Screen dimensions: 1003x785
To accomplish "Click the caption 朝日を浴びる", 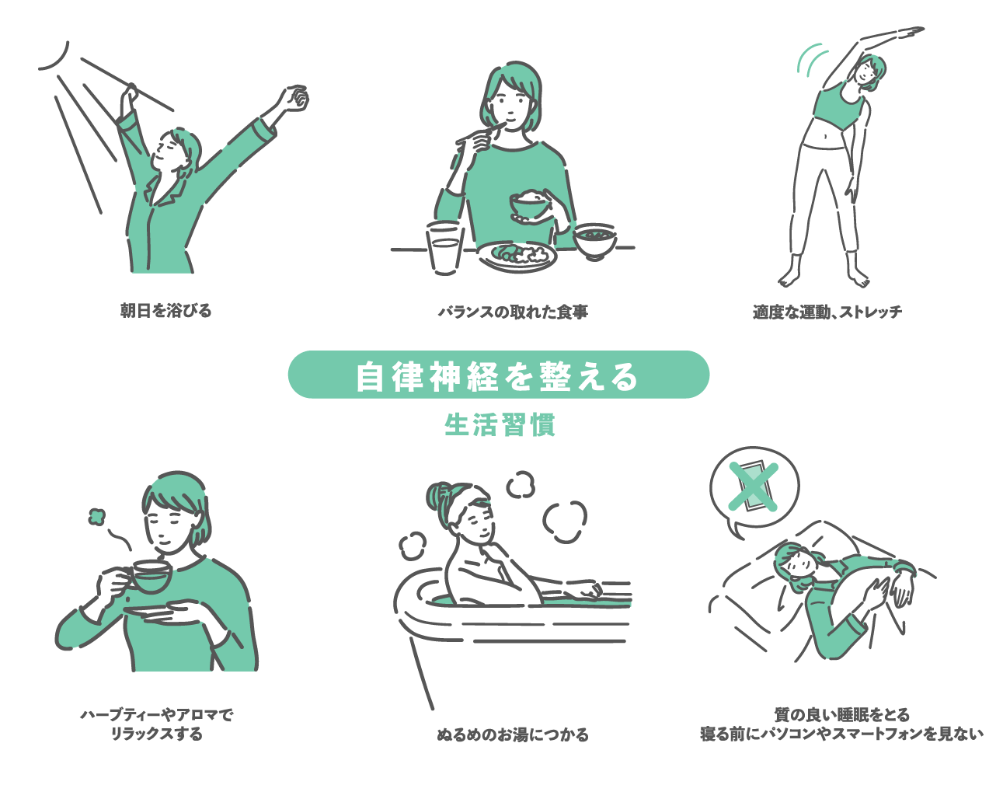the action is click(x=165, y=311).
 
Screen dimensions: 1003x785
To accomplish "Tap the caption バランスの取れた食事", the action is click(x=513, y=312).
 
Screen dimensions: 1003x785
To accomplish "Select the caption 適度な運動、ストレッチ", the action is click(x=827, y=312).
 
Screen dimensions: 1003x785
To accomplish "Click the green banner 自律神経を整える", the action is click(x=499, y=375).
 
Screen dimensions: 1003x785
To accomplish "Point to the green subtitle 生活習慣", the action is click(x=500, y=425).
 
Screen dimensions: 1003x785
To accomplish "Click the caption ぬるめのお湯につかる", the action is click(x=513, y=734).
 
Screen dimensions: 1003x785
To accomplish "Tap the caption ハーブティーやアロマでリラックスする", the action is click(x=157, y=724).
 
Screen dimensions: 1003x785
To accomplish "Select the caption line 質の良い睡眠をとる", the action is click(x=841, y=715).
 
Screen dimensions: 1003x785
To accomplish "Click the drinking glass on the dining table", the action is click(x=444, y=249).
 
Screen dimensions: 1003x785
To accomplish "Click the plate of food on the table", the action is click(x=517, y=256).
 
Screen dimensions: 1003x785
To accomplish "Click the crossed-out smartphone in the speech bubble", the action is click(x=754, y=487).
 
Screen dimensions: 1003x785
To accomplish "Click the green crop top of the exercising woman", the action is click(x=837, y=110).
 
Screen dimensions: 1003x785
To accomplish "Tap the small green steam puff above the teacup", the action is click(x=96, y=517).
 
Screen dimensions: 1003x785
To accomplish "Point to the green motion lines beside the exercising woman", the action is click(x=812, y=59).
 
